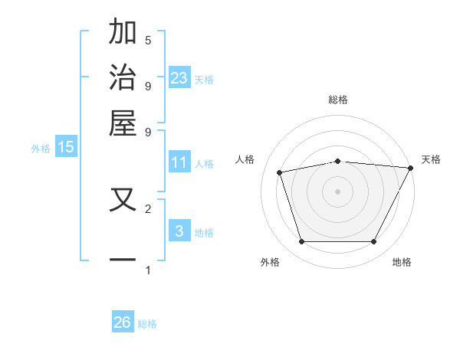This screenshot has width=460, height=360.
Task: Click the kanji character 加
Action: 123,32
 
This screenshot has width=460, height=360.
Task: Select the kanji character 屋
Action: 123,123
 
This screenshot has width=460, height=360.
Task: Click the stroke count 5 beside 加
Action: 148,40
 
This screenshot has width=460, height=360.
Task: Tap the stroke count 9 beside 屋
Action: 148,131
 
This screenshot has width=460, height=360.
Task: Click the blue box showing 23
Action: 179,77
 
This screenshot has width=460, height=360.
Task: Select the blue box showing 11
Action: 179,162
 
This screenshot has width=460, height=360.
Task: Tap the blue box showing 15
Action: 66,147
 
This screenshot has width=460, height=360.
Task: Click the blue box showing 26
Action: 122,322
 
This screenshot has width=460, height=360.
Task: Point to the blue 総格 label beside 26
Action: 147,324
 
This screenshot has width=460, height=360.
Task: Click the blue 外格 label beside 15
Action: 41,149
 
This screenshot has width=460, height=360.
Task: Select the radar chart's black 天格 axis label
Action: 431,159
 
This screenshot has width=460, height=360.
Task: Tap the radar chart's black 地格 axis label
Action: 402,263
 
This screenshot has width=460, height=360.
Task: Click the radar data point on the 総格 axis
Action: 338,161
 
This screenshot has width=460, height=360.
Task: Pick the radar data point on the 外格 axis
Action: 301,242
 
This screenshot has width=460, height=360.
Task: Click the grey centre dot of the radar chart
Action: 338,191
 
